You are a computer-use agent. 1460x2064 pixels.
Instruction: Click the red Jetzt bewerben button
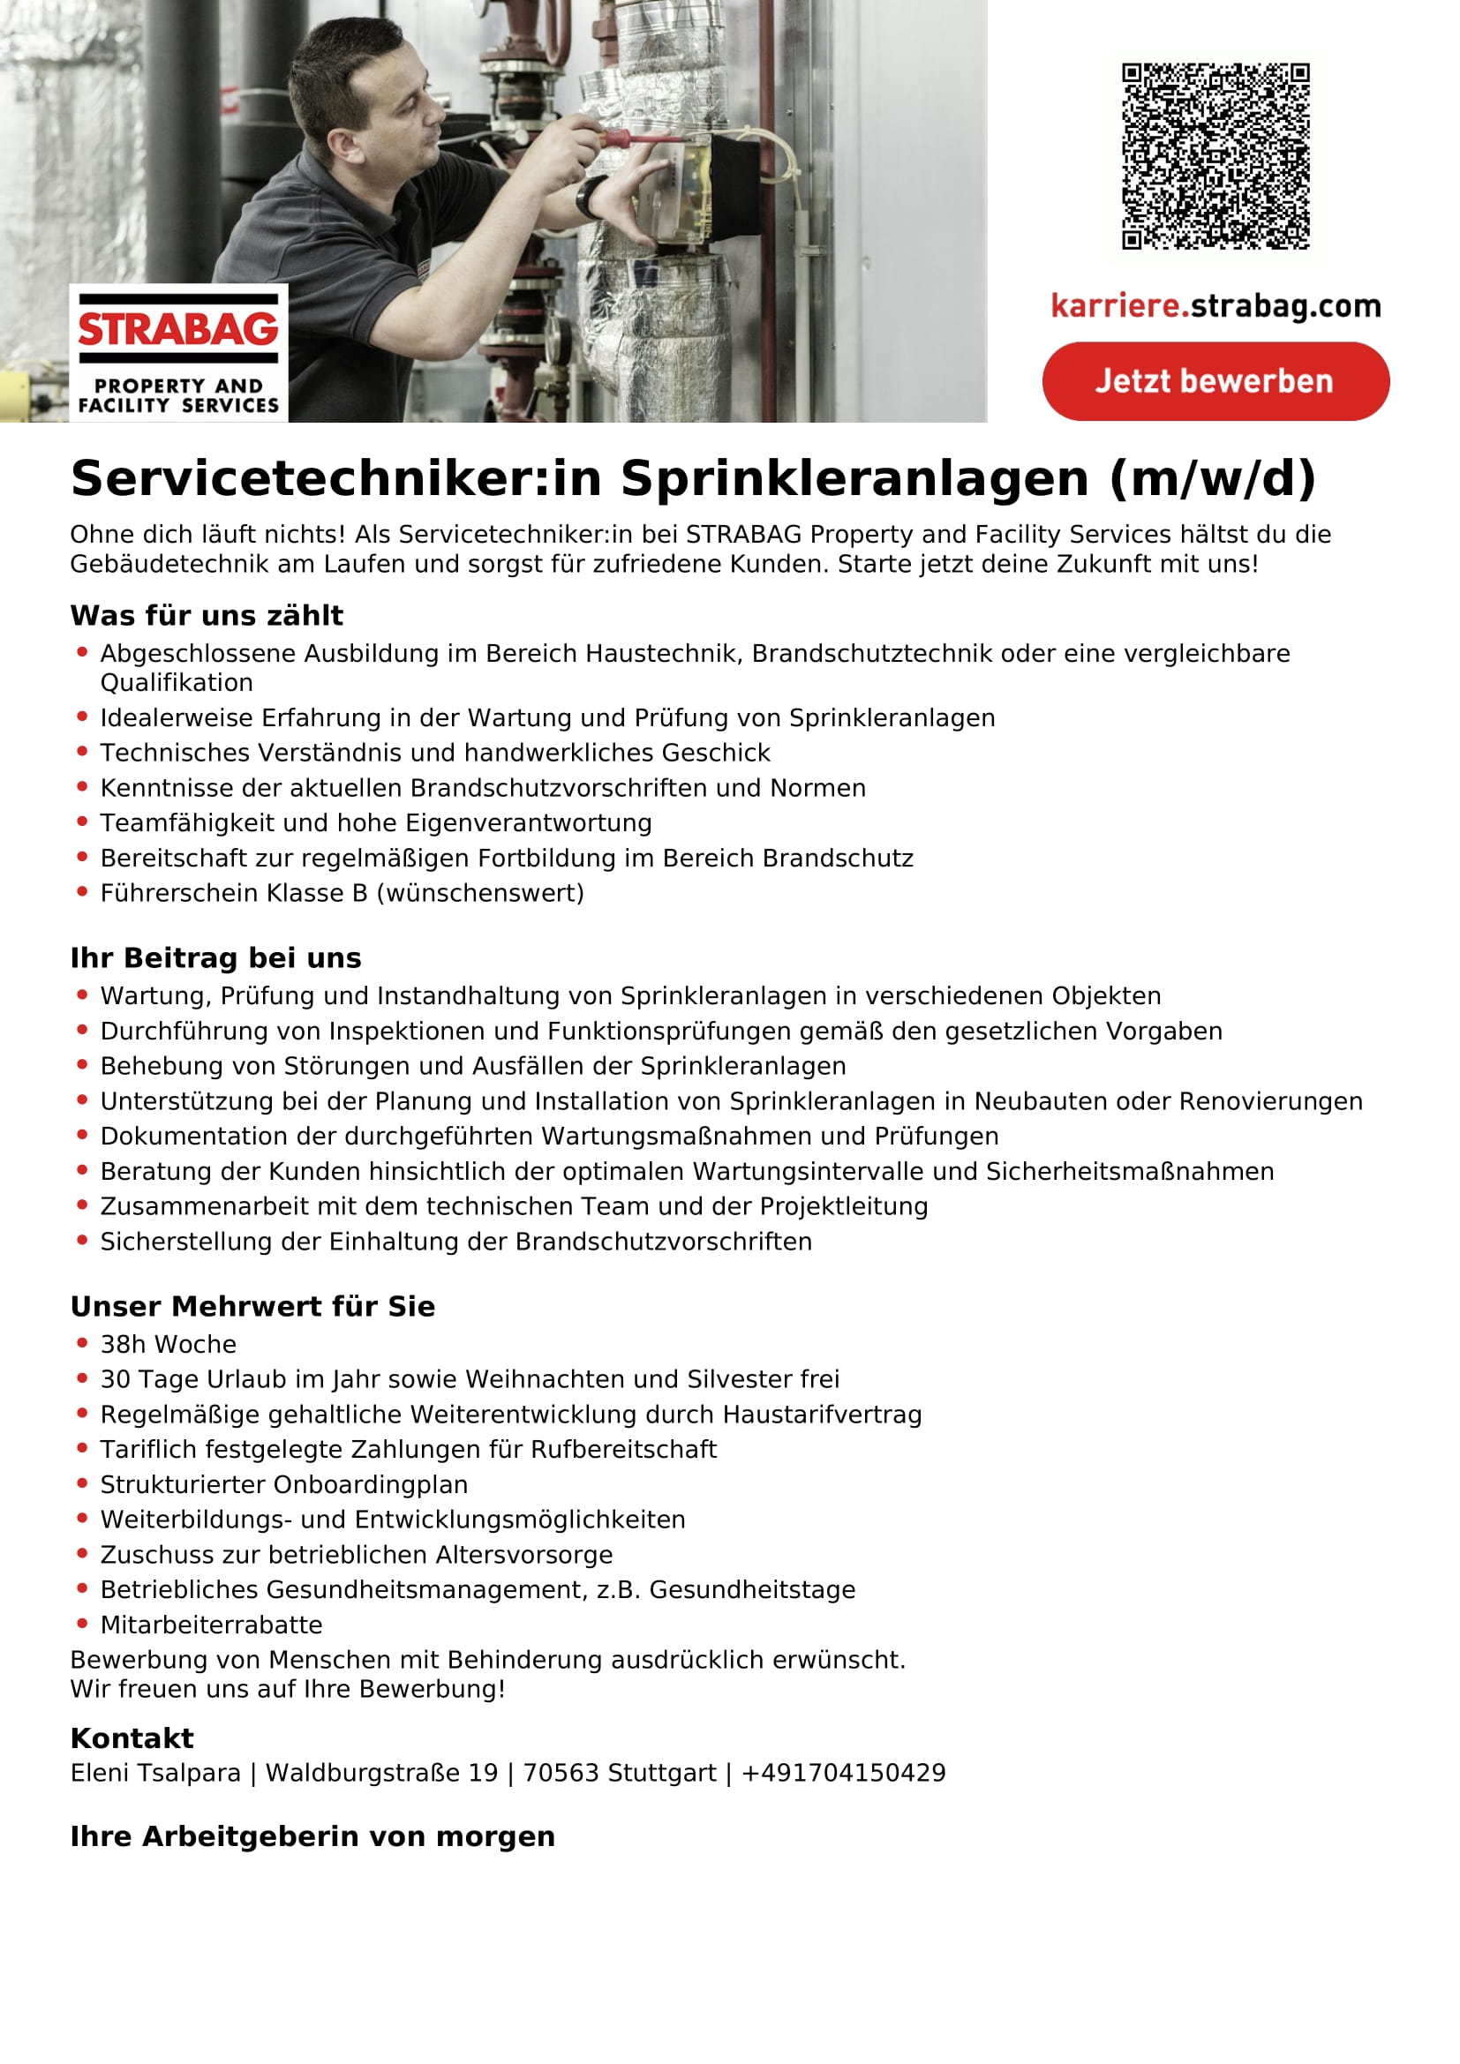1215,381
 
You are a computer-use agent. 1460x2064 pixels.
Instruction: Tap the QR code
1215,155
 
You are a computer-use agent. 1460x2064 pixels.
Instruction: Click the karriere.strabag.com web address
1215,306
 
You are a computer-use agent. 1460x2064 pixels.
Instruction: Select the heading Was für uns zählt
207,616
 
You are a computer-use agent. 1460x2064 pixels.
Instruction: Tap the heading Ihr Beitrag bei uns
215,958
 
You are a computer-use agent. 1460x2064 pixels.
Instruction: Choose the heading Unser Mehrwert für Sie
252,1306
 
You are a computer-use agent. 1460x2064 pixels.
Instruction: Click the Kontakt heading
132,1738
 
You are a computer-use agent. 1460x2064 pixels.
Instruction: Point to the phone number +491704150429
843,1773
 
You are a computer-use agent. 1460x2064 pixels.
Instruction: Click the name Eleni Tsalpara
155,1773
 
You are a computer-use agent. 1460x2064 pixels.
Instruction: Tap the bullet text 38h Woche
168,1344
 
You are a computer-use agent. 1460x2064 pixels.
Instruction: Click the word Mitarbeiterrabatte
211,1625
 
